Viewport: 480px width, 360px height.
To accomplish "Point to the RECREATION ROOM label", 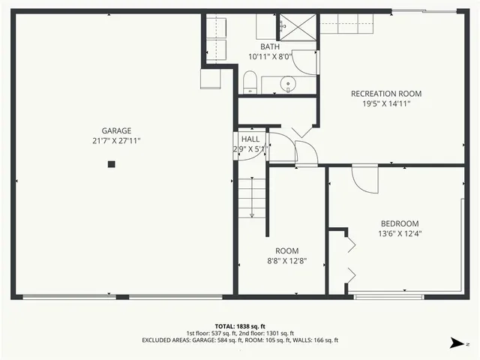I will pyautogui.click(x=386, y=94).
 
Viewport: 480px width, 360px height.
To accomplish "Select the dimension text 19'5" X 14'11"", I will pyautogui.click(x=386, y=104).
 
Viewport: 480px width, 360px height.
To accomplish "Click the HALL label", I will pyautogui.click(x=250, y=139).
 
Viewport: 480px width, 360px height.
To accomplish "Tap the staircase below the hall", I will pyautogui.click(x=252, y=196).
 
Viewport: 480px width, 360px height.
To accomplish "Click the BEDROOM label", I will pyautogui.click(x=400, y=223).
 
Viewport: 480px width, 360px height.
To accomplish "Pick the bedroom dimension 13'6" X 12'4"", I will pyautogui.click(x=400, y=234).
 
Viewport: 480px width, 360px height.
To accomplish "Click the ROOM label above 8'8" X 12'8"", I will pyautogui.click(x=286, y=250).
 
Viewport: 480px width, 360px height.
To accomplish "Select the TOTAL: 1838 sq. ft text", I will pyautogui.click(x=240, y=325).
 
